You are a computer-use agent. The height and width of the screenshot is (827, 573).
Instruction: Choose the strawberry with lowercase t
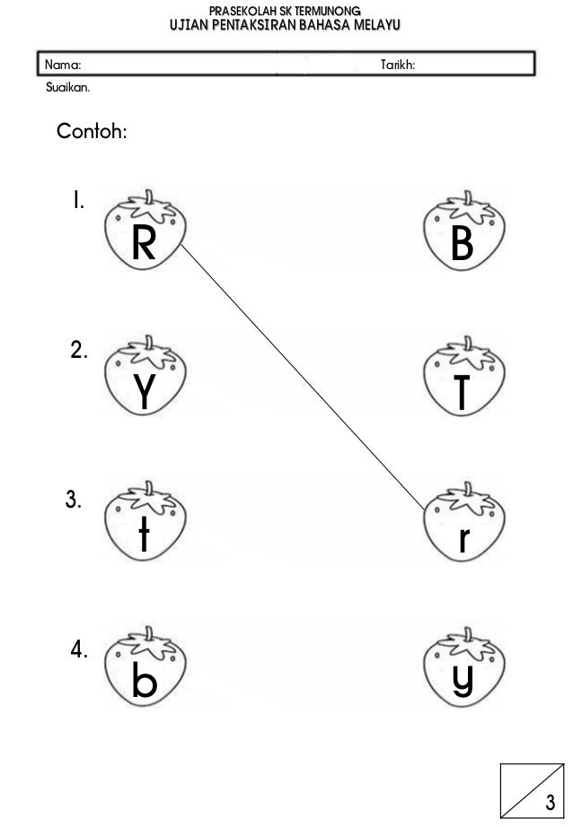pyautogui.click(x=144, y=529)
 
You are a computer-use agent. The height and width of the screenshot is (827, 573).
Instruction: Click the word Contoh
pyautogui.click(x=92, y=133)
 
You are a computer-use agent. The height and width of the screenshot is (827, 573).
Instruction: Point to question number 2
pyautogui.click(x=78, y=350)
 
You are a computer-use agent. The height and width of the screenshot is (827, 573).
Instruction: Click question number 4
pyautogui.click(x=78, y=650)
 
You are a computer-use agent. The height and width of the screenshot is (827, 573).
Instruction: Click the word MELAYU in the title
pyautogui.click(x=365, y=27)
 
